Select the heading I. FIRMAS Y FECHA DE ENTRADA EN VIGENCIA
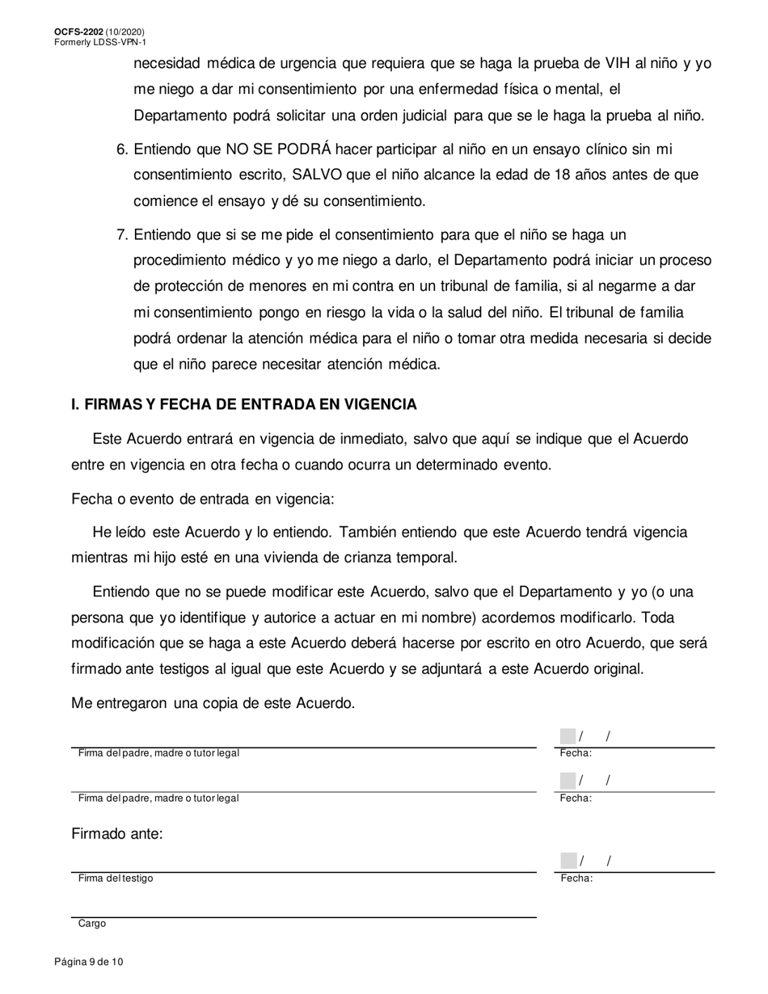(x=244, y=404)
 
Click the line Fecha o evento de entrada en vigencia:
(x=202, y=499)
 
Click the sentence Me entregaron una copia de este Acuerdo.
(x=213, y=703)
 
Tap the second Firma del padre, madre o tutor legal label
(x=158, y=798)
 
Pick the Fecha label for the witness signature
(x=576, y=878)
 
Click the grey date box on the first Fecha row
(x=568, y=736)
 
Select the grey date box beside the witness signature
(x=568, y=861)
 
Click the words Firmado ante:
(x=117, y=834)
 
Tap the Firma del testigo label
(x=115, y=878)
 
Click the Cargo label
(x=91, y=924)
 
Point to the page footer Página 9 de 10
(x=89, y=962)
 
